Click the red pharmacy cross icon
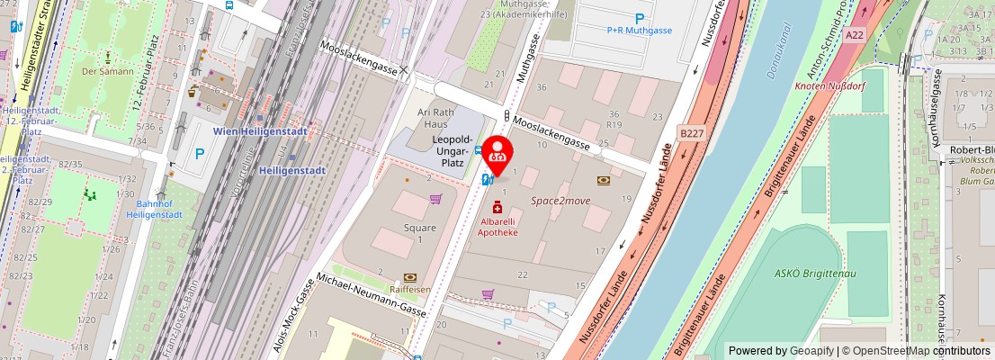pyautogui.click(x=497, y=208)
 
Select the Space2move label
pyautogui.click(x=560, y=201)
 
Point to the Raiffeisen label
pyautogui.click(x=409, y=290)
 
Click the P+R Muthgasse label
pyautogui.click(x=639, y=31)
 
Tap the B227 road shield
pyautogui.click(x=691, y=133)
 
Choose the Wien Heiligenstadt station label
pyautogui.click(x=260, y=131)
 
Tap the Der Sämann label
pyautogui.click(x=107, y=70)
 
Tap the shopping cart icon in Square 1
pyautogui.click(x=435, y=199)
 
